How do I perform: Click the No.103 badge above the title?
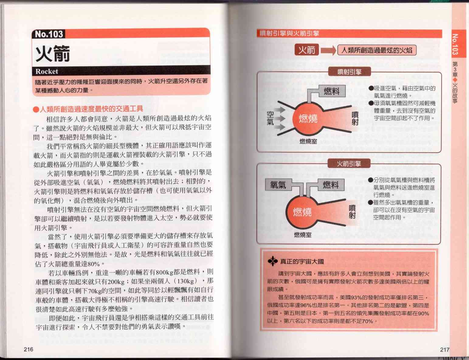click(49, 34)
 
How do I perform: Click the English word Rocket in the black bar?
click(47, 71)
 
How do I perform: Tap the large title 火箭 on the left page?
click(53, 54)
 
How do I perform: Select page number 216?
click(29, 349)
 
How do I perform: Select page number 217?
click(445, 350)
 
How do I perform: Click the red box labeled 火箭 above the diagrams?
click(307, 50)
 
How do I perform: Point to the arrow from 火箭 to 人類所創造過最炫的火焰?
click(328, 50)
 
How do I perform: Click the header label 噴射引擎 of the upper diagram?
click(350, 72)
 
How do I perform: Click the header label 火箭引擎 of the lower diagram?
click(349, 164)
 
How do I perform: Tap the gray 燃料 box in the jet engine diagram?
click(332, 91)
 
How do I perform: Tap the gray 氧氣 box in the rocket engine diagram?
click(278, 185)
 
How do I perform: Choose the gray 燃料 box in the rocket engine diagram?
click(331, 185)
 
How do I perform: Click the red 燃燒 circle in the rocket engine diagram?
click(302, 212)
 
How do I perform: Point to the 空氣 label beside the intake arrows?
click(270, 118)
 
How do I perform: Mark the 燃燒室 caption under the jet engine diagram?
click(308, 142)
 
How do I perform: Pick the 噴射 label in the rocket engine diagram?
click(352, 212)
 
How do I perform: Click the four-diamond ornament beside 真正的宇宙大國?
click(273, 261)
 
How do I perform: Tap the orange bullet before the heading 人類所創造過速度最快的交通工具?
click(36, 109)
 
